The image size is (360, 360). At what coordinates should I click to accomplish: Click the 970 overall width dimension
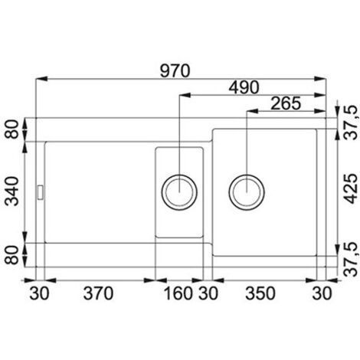point(175,70)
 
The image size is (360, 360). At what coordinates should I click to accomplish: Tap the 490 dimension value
point(244,87)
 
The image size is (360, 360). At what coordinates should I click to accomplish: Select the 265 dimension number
point(286,103)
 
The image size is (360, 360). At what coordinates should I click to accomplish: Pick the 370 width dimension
point(98,293)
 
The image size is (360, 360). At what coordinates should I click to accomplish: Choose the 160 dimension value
point(178,293)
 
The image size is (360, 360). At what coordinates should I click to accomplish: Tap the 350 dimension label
point(260,293)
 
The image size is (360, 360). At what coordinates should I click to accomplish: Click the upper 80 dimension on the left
point(12,129)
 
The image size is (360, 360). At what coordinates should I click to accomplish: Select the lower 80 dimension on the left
point(12,255)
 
